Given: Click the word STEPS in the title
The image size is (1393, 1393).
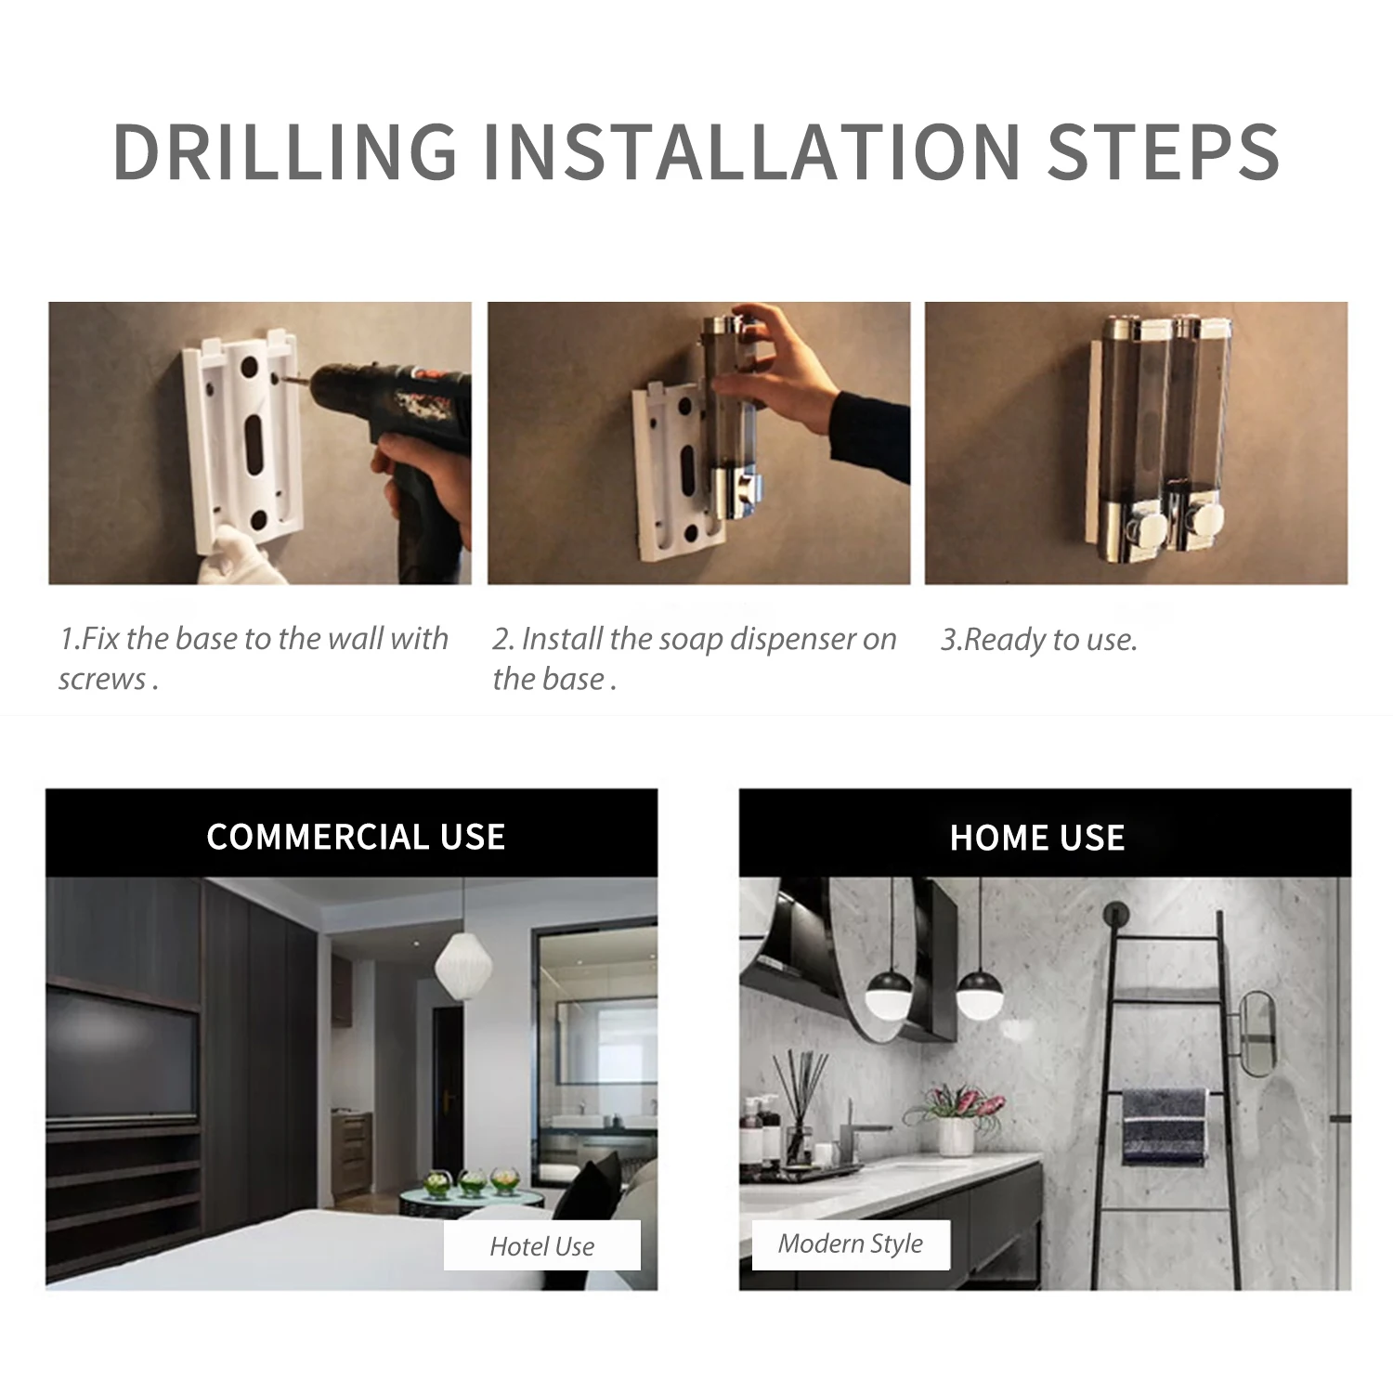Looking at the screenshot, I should (1164, 150).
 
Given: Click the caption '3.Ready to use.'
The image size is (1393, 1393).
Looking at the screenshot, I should (1038, 640).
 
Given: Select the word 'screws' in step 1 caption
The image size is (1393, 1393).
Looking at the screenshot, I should (102, 680).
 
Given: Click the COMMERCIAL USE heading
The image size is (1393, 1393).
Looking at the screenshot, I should (356, 837).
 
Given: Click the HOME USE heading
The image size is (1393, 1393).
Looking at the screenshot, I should (1037, 838).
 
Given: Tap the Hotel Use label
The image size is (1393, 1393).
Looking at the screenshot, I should (542, 1246).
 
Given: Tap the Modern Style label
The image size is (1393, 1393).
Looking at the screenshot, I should (850, 1243).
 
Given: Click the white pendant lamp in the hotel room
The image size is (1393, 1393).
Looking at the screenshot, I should (462, 966).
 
